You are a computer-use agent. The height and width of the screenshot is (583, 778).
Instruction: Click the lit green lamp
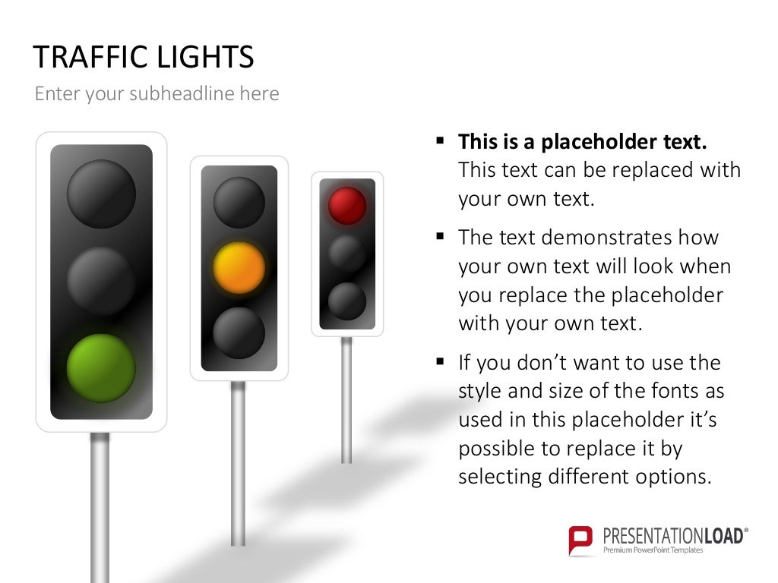(x=101, y=369)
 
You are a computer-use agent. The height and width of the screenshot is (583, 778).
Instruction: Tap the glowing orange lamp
(x=239, y=268)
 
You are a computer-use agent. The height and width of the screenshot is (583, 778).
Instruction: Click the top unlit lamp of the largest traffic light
(x=101, y=194)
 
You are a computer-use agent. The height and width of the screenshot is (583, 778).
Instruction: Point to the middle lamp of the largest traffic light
(x=101, y=280)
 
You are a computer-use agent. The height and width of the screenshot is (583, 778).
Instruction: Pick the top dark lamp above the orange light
(x=239, y=203)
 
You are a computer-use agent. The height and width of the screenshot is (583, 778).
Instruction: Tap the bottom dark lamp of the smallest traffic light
(x=347, y=301)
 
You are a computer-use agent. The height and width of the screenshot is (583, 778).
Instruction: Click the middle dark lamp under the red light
(x=347, y=254)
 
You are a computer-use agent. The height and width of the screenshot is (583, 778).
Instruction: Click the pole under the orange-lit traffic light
(x=239, y=463)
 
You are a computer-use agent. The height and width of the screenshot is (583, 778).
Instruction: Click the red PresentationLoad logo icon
(x=580, y=540)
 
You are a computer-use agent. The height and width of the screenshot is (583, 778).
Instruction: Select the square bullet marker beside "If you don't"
(x=440, y=362)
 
